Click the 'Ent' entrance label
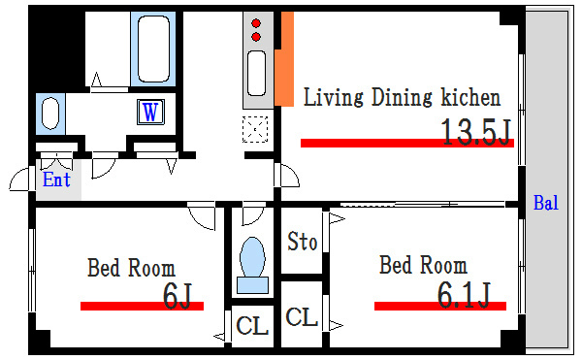coord(55,180)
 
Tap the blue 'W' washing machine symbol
coord(150,112)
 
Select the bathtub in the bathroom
coord(155,49)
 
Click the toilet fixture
coord(251,262)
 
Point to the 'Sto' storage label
coord(303,242)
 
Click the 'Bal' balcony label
coord(545,204)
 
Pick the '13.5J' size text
coord(475,131)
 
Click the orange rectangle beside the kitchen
coord(284,58)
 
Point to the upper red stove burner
coord(257,22)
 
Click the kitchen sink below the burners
coord(256,74)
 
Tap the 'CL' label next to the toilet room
coord(252,326)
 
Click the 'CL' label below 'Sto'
coord(303,316)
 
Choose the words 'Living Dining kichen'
coord(402,98)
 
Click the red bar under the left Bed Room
coord(142,306)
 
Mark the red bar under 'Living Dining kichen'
coord(406,143)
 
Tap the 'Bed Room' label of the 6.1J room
coord(422,265)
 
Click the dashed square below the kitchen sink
coord(256,127)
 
